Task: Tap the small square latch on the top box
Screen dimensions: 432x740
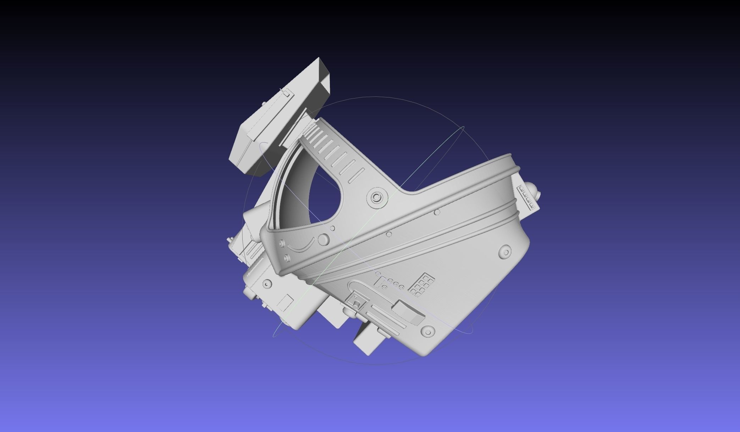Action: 286,93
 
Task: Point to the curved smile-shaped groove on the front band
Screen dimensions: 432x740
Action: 302,245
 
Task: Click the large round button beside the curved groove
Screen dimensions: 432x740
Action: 323,240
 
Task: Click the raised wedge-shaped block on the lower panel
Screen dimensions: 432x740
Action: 408,311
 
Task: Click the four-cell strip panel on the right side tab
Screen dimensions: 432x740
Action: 527,198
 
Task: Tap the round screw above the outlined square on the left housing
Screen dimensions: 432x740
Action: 267,284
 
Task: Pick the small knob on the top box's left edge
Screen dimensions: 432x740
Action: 264,104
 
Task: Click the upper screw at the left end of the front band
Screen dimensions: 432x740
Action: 282,243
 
